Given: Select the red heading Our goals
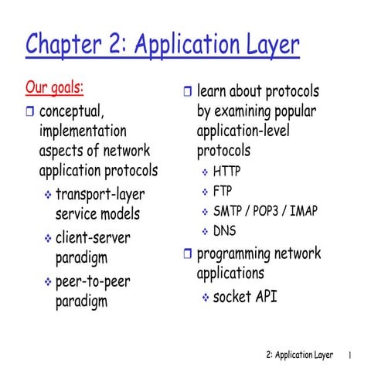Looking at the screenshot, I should click(x=55, y=85).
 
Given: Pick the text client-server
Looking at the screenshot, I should click(x=94, y=237).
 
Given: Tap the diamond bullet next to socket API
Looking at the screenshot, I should click(x=205, y=297).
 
